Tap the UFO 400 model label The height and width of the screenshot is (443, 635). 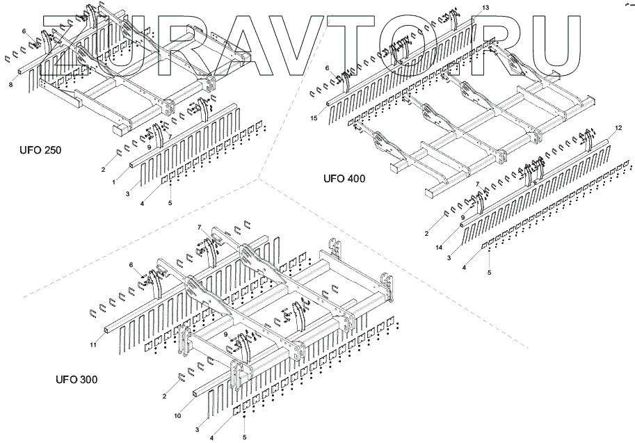point(344,178)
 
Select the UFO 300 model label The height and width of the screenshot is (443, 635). point(77,380)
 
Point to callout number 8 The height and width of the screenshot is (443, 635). point(10,85)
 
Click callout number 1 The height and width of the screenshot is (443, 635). point(113,182)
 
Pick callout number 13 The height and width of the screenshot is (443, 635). point(485,7)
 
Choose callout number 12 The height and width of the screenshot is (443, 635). point(618,128)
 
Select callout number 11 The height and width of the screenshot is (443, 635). point(93,344)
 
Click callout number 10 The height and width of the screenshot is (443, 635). point(177,416)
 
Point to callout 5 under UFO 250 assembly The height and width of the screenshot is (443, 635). point(170,204)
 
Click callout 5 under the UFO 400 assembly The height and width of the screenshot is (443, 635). point(489,273)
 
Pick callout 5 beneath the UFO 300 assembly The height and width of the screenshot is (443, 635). point(244,437)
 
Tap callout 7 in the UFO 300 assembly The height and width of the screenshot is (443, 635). point(199,227)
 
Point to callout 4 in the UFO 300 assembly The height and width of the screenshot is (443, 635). point(211,437)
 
